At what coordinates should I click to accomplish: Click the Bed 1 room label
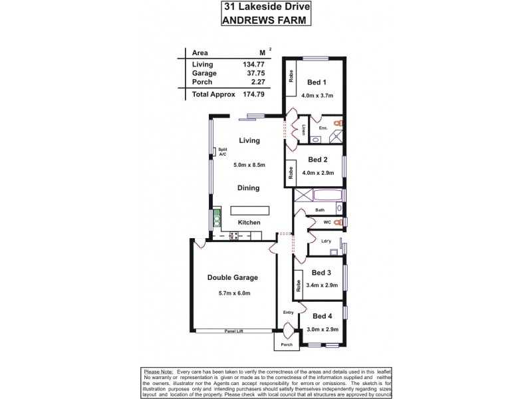pyautogui.click(x=316, y=82)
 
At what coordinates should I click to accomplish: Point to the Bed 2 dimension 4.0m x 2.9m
pyautogui.click(x=317, y=174)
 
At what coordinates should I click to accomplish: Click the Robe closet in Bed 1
pyautogui.click(x=291, y=75)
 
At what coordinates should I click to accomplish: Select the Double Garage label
pyautogui.click(x=232, y=278)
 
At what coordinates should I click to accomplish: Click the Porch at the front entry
pyautogui.click(x=287, y=344)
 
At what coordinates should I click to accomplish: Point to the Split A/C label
pyautogui.click(x=223, y=152)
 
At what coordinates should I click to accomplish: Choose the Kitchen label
pyautogui.click(x=240, y=222)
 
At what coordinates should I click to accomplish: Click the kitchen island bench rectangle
pyautogui.click(x=250, y=209)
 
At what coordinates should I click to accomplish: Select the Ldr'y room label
pyautogui.click(x=327, y=241)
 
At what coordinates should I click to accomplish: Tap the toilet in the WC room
pyautogui.click(x=338, y=222)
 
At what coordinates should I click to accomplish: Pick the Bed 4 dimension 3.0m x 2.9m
pyautogui.click(x=323, y=329)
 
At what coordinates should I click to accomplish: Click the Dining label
pyautogui.click(x=248, y=188)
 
